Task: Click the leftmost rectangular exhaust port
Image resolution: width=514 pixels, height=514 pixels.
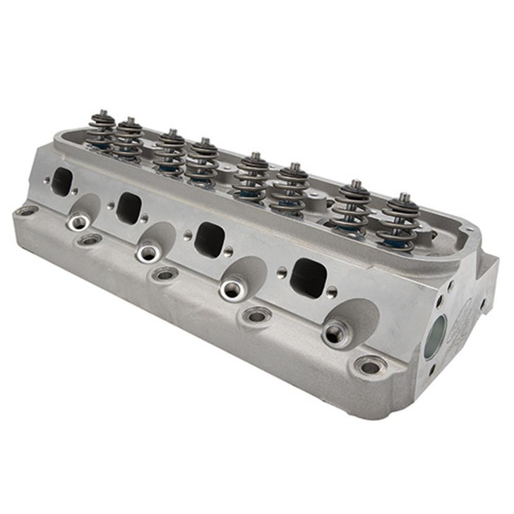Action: pos(62,182)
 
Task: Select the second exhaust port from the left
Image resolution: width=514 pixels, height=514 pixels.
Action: pos(130,208)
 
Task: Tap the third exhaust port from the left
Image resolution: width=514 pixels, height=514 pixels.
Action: pos(210,239)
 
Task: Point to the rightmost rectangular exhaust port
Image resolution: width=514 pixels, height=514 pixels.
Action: pos(309,277)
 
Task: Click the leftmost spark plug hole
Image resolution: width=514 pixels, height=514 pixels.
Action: pos(79,223)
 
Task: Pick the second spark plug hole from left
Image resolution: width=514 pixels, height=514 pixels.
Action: pos(149,252)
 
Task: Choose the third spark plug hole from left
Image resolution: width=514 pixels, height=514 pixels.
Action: pos(232,288)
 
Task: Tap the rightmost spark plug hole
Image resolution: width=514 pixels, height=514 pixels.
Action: pos(337,333)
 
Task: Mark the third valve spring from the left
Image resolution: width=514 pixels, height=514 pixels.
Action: pos(170,152)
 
